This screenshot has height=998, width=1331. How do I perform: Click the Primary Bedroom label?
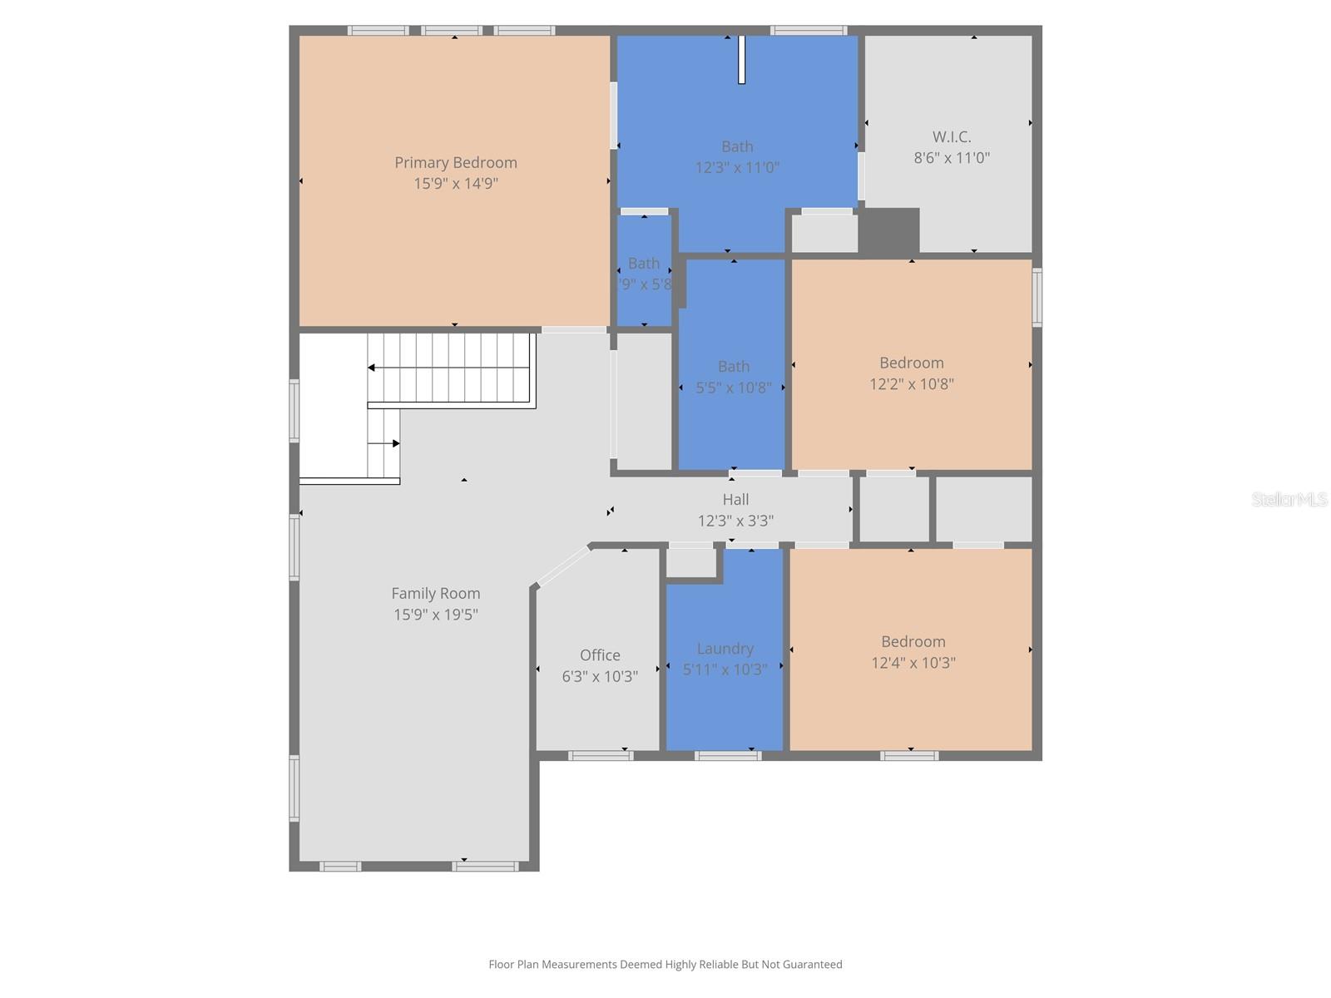(455, 163)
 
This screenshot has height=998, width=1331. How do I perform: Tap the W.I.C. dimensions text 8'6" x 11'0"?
(952, 158)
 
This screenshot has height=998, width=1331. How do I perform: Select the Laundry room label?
(725, 649)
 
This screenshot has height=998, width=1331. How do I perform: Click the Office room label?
(600, 655)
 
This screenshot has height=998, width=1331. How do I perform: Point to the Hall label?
(735, 500)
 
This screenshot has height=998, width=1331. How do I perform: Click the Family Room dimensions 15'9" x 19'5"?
(435, 615)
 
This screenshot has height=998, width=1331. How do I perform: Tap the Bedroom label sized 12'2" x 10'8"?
(912, 363)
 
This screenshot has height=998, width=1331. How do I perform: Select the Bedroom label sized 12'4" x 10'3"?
(913, 642)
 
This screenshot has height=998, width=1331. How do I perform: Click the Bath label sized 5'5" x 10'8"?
(733, 367)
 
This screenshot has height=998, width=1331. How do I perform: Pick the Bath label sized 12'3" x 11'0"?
(737, 147)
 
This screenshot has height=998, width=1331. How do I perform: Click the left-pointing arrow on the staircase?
(372, 368)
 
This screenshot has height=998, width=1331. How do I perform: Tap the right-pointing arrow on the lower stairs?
(396, 443)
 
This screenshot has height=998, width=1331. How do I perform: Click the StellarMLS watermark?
(1289, 499)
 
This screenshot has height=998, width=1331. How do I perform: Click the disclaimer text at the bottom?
(665, 965)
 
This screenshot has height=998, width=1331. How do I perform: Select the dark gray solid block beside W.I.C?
(888, 230)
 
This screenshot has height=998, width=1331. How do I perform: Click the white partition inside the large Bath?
(741, 59)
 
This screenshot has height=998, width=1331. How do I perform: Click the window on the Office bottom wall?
(601, 756)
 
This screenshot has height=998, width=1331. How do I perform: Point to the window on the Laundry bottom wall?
(727, 756)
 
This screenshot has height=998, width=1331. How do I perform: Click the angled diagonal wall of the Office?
(562, 566)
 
